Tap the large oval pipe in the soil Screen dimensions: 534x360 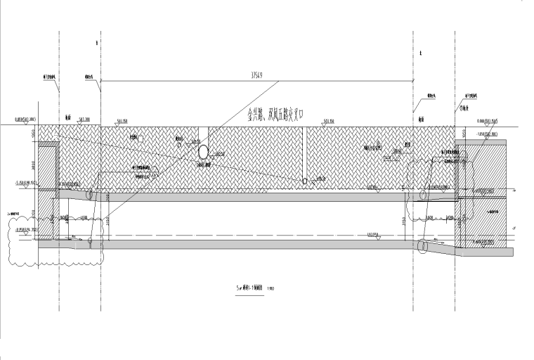point(203,151)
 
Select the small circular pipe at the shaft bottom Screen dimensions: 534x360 point(304,181)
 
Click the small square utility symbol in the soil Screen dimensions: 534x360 point(141,140)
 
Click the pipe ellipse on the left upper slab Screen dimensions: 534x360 point(90,196)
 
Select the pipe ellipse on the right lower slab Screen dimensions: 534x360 point(423,247)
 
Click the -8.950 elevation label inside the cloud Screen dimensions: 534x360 point(27,229)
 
